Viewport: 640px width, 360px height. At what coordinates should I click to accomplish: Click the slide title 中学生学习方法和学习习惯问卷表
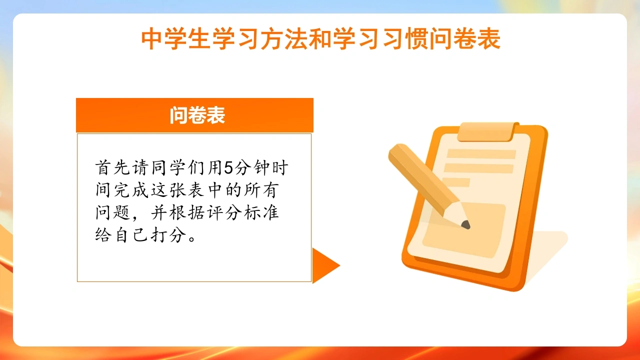tap(320, 38)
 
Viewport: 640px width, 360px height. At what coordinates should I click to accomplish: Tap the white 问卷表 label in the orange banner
tap(197, 115)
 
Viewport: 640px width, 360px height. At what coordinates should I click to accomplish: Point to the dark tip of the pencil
tap(465, 224)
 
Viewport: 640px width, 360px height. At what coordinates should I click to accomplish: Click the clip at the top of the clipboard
tap(488, 131)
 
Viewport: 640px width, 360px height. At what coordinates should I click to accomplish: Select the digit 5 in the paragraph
tap(229, 167)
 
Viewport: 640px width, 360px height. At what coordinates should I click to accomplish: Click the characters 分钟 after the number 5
tap(252, 167)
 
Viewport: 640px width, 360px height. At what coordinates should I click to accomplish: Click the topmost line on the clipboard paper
tap(481, 154)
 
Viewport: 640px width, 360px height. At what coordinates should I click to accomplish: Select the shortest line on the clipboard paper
tap(456, 182)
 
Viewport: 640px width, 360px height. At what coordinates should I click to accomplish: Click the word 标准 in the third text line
tap(261, 212)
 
